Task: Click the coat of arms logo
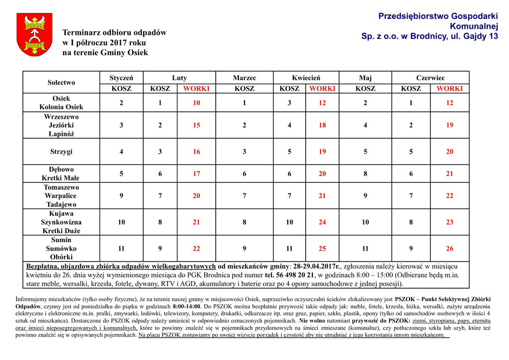pos(34,34)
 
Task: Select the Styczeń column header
pos(121,78)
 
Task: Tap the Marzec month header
pos(245,78)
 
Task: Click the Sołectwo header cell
pos(61,83)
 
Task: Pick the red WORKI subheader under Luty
pos(196,89)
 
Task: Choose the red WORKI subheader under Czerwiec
pos(449,89)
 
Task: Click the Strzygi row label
pos(61,152)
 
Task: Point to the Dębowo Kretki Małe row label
pos(61,174)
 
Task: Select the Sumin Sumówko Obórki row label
pos(61,248)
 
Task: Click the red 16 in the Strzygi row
pos(196,152)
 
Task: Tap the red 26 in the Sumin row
pos(449,248)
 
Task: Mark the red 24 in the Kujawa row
pos(322,222)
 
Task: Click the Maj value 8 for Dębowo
pos(365,174)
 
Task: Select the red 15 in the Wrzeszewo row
pos(196,125)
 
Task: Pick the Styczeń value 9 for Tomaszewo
pos(121,196)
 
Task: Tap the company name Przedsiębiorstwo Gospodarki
pos(438,16)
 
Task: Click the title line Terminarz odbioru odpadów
pos(114,33)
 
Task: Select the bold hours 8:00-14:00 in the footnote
pos(183,306)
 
